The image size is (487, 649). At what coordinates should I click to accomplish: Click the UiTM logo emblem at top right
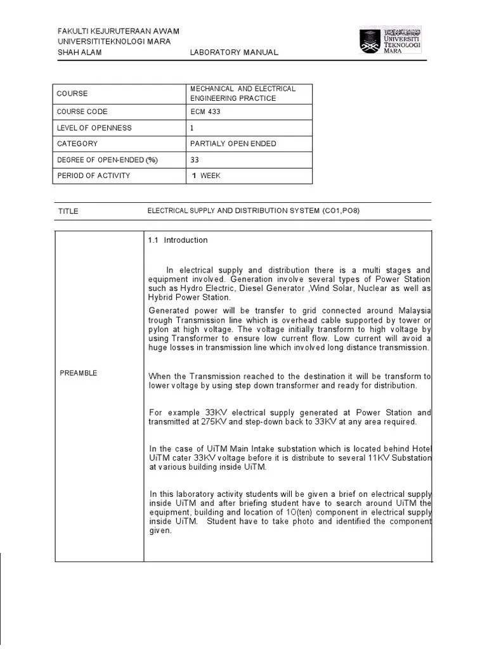tap(370, 41)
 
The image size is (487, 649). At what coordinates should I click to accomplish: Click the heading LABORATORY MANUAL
tap(234, 53)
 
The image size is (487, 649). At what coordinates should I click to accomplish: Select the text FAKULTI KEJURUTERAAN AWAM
tap(119, 31)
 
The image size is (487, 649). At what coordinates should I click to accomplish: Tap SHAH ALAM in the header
tap(79, 53)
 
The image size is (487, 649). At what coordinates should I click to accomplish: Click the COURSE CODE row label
tap(82, 112)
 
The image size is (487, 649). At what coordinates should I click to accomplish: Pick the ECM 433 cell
tap(205, 112)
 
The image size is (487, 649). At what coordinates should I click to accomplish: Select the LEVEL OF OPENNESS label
tap(94, 127)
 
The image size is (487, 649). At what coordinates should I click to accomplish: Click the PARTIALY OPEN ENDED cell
tap(233, 143)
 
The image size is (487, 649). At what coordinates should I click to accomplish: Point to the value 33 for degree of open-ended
tap(195, 160)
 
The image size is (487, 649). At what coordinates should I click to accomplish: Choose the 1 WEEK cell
tap(206, 176)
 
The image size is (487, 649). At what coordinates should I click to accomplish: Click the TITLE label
tap(68, 211)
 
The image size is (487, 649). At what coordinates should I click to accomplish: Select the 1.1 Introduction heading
tap(178, 240)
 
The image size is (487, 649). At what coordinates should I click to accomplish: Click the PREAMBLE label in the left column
tap(79, 373)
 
